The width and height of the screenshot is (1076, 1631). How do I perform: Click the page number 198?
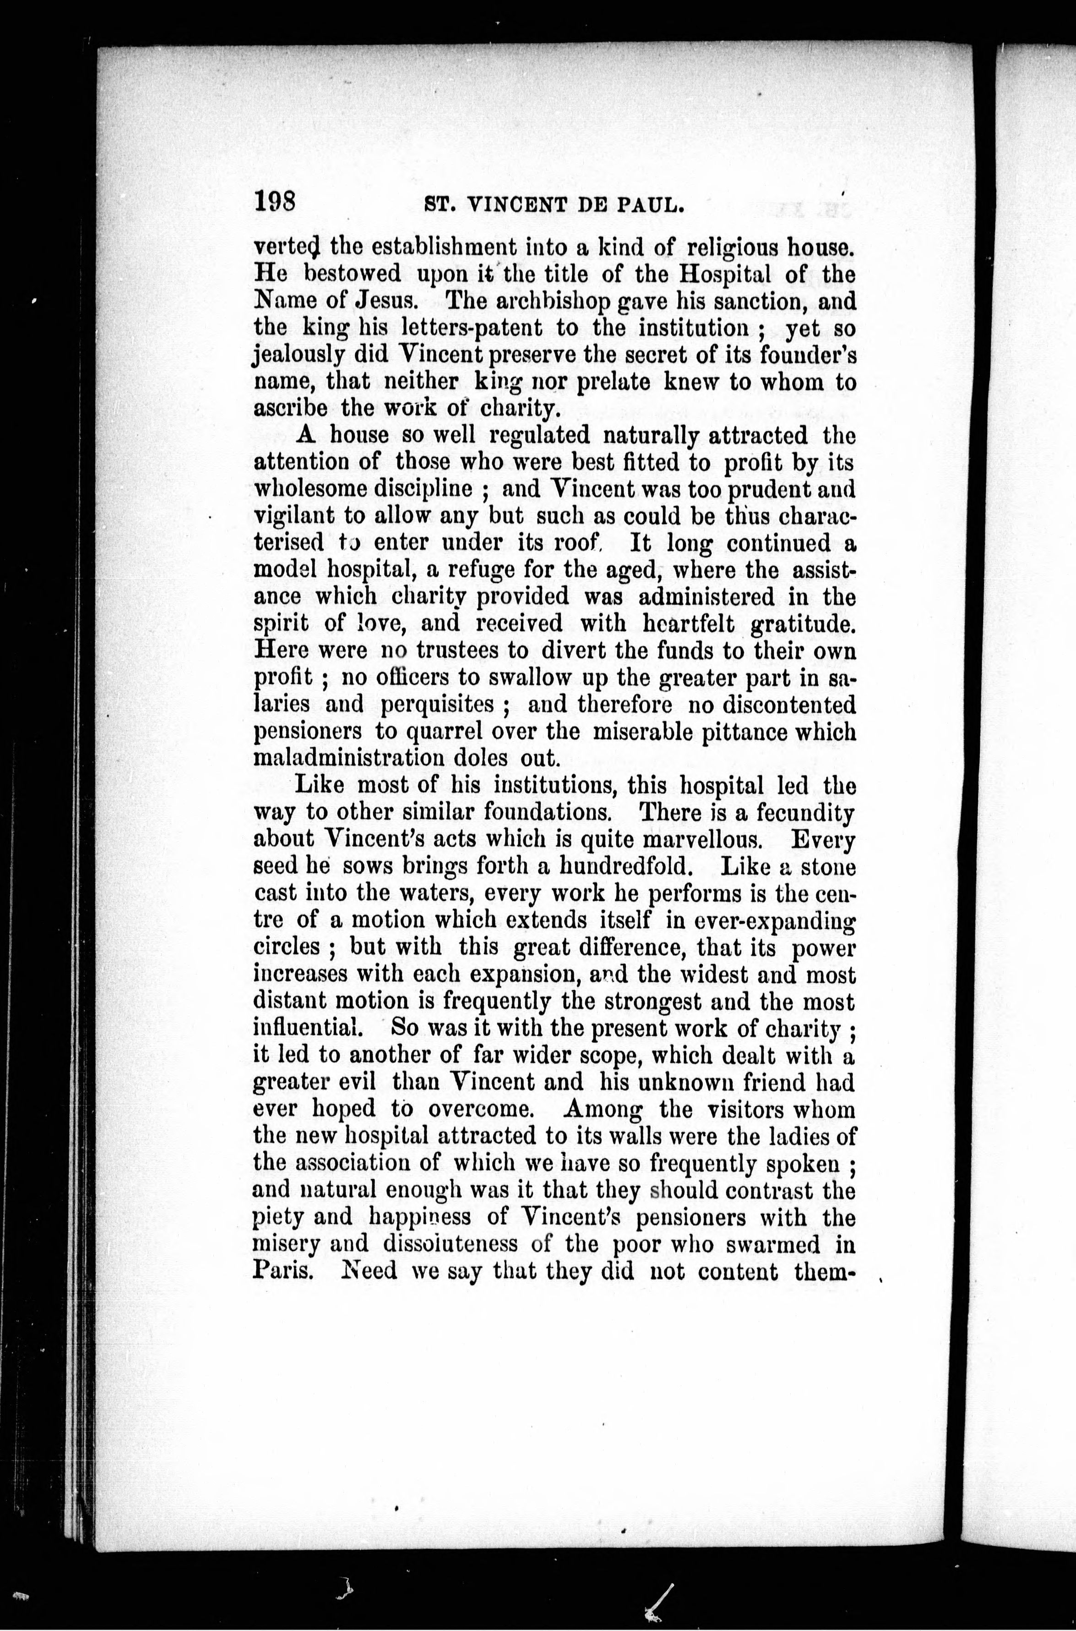coord(274,203)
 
